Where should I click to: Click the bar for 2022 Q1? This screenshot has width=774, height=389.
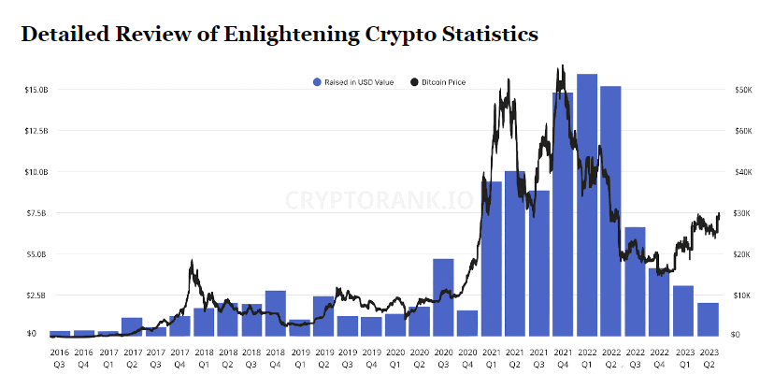[587, 205]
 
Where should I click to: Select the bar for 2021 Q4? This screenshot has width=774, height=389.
[563, 214]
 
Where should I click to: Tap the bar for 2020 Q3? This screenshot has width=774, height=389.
[443, 297]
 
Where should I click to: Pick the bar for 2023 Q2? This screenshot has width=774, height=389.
[708, 319]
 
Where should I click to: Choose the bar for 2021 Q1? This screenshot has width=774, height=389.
[491, 258]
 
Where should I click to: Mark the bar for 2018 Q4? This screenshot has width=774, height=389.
[276, 312]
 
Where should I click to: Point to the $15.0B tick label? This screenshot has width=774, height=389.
[36, 90]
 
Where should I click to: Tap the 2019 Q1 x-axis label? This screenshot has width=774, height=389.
[300, 359]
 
